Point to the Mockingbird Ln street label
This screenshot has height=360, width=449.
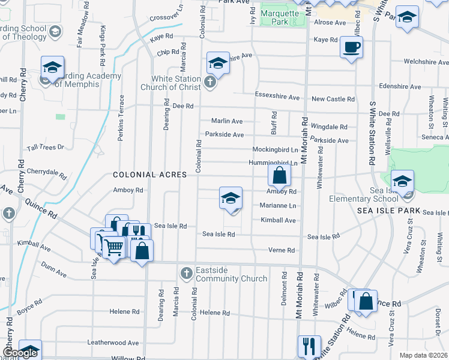pos(275,149)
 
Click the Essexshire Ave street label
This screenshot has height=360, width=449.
pos(277,97)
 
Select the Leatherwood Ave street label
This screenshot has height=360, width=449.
pos(113,343)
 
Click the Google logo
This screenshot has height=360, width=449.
pos(20,353)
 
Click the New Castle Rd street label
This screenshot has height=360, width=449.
pos(333,99)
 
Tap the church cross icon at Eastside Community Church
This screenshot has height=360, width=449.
pos(187,274)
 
